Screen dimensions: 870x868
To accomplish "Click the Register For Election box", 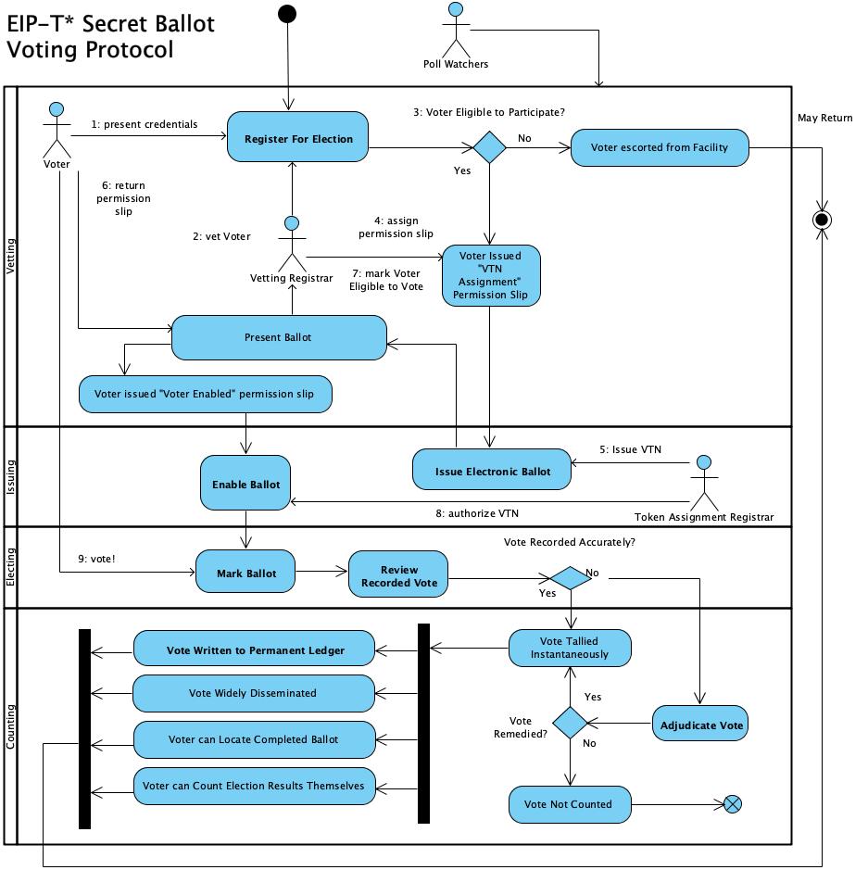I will tap(298, 140).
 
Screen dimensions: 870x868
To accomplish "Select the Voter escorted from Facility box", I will tap(659, 147).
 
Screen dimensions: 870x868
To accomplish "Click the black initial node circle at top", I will tap(287, 13).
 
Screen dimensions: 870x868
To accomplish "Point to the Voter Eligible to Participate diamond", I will tap(489, 147).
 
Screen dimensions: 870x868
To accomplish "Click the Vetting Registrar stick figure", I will tap(292, 243).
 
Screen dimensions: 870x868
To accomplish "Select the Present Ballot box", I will tap(278, 337).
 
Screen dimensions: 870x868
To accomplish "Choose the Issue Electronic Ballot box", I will tap(492, 472).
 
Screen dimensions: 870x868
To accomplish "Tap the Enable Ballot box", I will tap(245, 485).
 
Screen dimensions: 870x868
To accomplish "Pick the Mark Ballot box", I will tap(246, 574).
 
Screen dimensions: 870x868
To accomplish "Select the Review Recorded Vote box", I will tap(398, 575).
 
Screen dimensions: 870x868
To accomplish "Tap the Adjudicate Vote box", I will tap(700, 725).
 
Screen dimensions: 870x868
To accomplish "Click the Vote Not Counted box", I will tap(568, 803).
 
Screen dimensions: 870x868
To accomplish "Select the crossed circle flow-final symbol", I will tap(733, 803).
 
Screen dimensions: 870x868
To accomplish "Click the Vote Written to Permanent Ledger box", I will tap(255, 650).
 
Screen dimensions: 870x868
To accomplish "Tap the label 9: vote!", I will tap(96, 559).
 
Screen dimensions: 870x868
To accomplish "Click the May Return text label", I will tap(824, 118).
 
